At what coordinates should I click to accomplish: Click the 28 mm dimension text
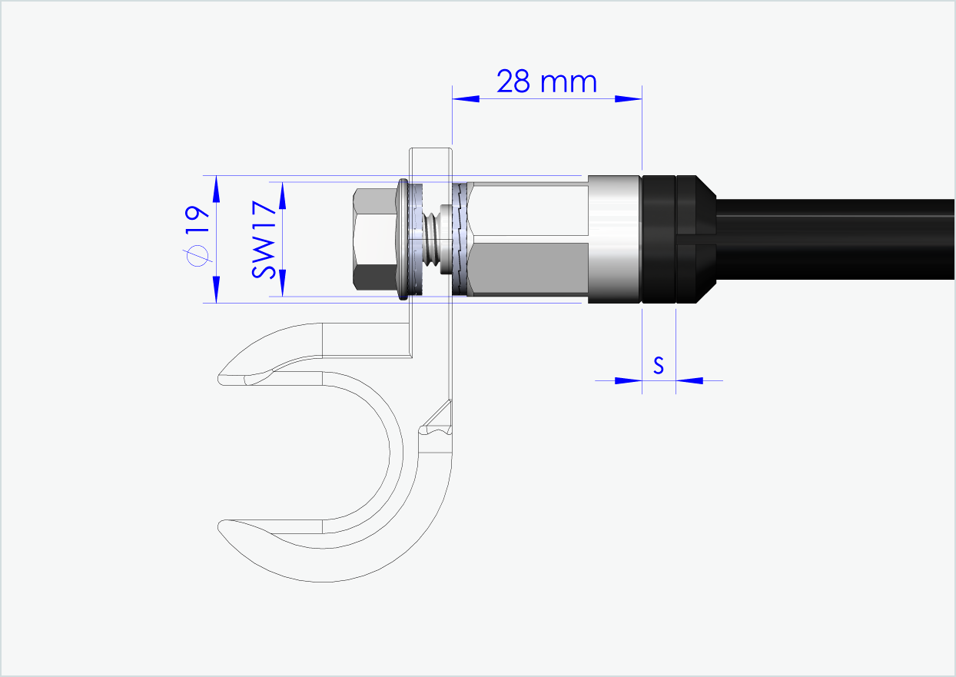point(546,81)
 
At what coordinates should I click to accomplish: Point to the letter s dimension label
point(659,366)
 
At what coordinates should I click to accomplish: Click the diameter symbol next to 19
point(198,256)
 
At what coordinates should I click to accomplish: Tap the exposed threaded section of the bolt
point(435,239)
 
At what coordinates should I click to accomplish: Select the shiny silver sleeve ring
point(614,239)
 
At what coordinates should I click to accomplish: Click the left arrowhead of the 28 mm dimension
point(465,98)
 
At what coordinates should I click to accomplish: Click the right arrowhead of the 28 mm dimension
point(629,98)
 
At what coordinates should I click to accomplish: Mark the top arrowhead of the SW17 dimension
point(282,195)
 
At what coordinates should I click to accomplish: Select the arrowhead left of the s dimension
point(629,380)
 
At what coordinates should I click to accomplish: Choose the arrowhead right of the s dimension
point(689,380)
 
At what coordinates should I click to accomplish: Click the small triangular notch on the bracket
point(437,419)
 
